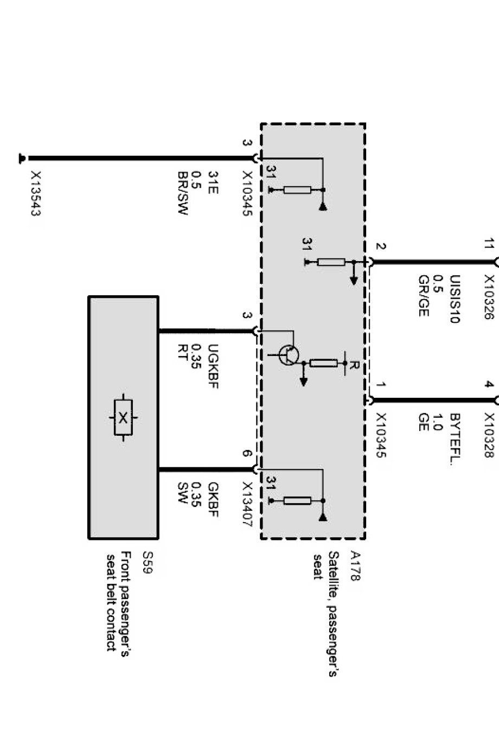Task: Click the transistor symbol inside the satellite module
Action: (288, 355)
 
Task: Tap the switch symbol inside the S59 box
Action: (124, 417)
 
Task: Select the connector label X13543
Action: (36, 194)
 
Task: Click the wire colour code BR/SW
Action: (182, 194)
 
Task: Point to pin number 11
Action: (489, 244)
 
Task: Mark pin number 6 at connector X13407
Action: (247, 454)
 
